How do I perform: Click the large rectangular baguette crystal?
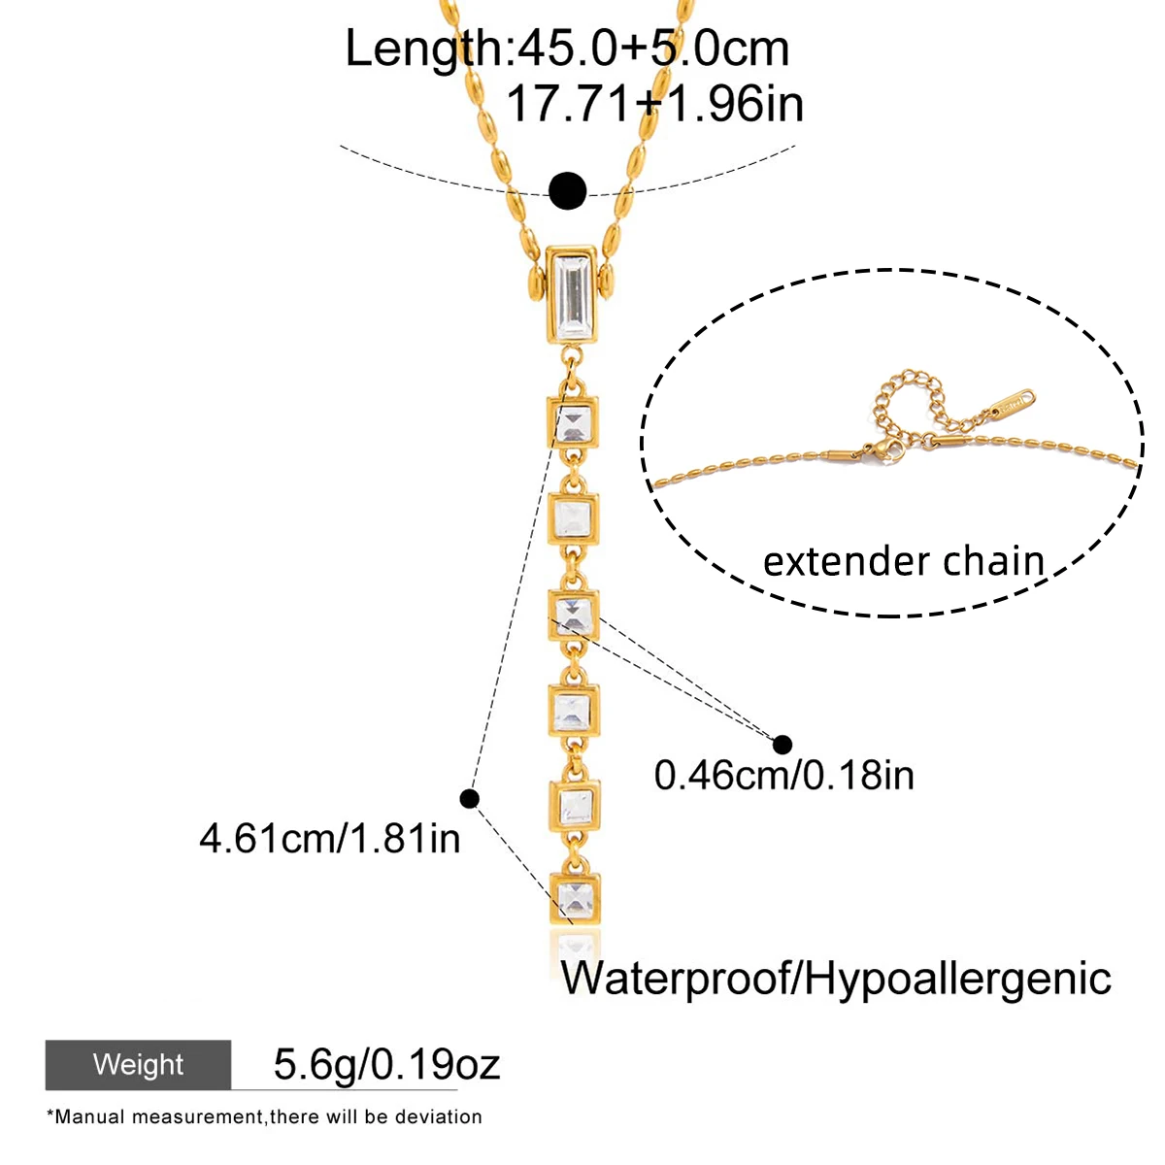[574, 293]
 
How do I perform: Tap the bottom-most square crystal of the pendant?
[575, 897]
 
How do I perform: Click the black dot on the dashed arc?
[567, 190]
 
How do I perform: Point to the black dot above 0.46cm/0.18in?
[782, 745]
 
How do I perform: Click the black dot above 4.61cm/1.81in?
[470, 799]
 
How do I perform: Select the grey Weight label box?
[138, 1065]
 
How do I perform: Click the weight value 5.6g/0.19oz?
[386, 1065]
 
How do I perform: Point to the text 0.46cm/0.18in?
[784, 776]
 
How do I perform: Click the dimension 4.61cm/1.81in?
[330, 838]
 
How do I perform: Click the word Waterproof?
[676, 979]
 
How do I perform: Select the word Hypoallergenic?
[957, 979]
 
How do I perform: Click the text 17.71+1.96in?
[655, 104]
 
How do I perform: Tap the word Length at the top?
[423, 49]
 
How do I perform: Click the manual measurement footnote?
[264, 1117]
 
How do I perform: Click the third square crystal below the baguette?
[575, 615]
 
